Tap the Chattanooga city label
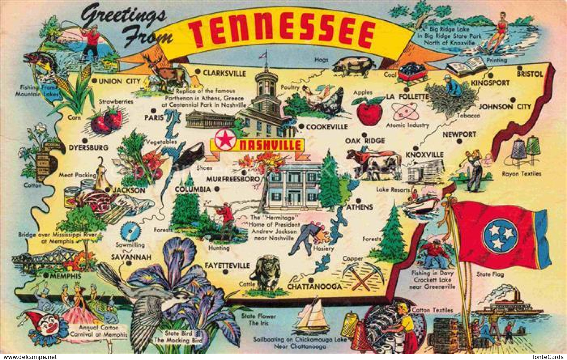pyautogui.click(x=314, y=286)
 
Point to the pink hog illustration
pyautogui.click(x=353, y=66)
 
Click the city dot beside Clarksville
pyautogui.click(x=198, y=72)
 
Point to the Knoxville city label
pyautogui.click(x=424, y=155)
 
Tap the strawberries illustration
pyautogui.click(x=106, y=119)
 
